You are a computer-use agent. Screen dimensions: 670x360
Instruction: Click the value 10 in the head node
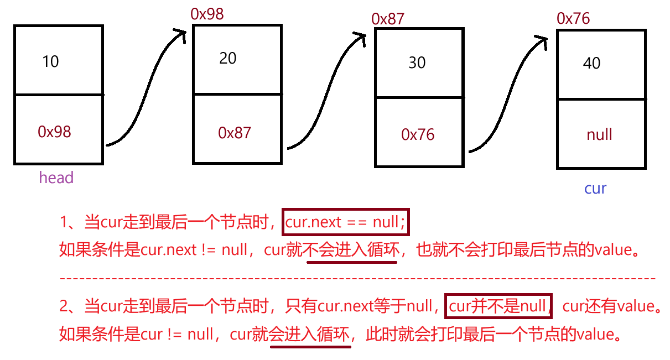point(50,61)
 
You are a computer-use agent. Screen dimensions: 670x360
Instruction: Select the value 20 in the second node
point(227,58)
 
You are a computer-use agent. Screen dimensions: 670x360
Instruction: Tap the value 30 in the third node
point(417,62)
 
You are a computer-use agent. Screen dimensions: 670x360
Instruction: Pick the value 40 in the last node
point(591,64)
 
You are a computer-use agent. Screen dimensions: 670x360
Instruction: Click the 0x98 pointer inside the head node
point(54,132)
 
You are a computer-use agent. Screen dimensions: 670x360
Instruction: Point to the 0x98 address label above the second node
point(207,14)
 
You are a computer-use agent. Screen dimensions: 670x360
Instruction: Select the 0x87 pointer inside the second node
point(234,133)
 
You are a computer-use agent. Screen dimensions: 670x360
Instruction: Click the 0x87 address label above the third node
point(388,19)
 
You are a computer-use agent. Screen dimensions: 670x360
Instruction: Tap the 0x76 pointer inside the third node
point(418,134)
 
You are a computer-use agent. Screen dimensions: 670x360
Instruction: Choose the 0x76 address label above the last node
point(573,19)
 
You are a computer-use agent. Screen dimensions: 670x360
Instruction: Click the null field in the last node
point(599,134)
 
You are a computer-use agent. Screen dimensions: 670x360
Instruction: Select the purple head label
point(56,178)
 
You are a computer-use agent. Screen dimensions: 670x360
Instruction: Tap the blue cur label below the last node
point(595,189)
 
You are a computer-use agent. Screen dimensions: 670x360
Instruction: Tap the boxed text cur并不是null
point(498,306)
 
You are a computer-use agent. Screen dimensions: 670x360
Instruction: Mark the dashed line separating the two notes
point(357,278)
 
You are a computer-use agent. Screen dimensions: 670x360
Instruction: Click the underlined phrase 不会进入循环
point(352,250)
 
